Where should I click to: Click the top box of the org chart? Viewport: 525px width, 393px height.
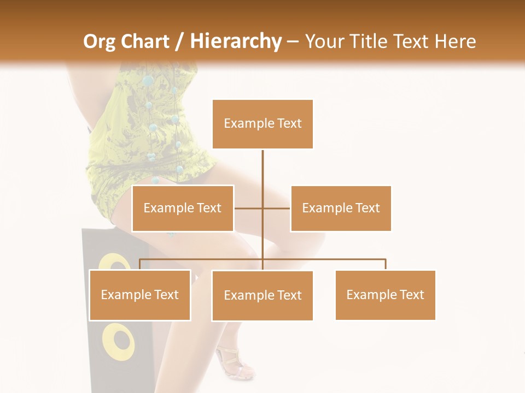pyautogui.click(x=262, y=124)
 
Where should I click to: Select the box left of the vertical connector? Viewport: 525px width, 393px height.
pyautogui.click(x=183, y=208)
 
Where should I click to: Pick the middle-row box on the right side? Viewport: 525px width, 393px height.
pyautogui.click(x=341, y=208)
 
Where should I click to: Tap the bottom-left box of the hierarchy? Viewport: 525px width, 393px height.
pyautogui.click(x=140, y=295)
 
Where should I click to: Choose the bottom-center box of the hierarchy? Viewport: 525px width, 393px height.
pyautogui.click(x=262, y=295)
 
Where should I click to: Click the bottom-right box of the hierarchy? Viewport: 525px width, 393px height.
pyautogui.click(x=385, y=295)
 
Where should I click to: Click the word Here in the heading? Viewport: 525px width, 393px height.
pyautogui.click(x=455, y=41)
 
